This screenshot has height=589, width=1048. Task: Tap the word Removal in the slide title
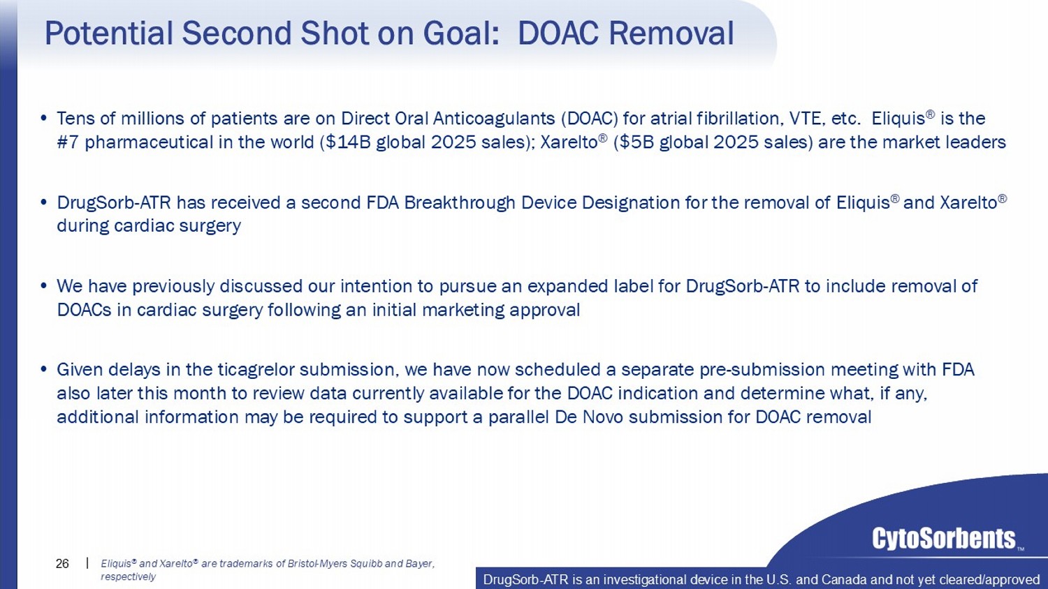tap(671, 33)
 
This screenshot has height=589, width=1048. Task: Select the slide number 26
tap(61, 564)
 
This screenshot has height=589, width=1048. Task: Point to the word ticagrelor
tap(256, 371)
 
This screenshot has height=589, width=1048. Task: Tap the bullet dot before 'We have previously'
tap(44, 285)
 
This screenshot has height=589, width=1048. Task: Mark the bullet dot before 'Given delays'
tap(44, 369)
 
